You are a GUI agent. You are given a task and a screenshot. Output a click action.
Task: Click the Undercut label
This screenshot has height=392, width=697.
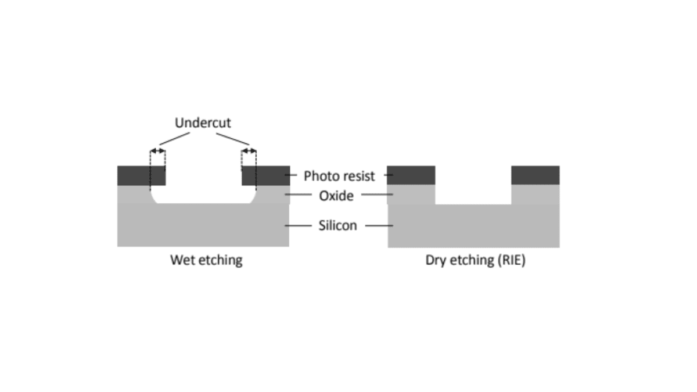203,123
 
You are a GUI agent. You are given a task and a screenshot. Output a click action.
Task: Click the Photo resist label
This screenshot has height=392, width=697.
339,175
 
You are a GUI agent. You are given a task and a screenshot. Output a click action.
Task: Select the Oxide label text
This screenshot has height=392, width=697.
336,196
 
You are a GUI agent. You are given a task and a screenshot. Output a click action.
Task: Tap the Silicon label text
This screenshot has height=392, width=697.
337,225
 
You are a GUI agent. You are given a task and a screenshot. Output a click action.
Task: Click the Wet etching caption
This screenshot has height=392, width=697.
206,260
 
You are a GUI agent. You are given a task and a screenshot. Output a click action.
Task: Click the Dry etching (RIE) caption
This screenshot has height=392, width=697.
475,260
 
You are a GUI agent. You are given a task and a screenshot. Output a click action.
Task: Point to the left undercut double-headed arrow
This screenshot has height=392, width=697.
157,151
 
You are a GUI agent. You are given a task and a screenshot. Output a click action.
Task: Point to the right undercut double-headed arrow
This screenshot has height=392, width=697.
249,151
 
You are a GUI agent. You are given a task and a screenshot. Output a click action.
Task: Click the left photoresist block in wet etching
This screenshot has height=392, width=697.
141,175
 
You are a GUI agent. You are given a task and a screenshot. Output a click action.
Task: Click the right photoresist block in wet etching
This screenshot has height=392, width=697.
265,175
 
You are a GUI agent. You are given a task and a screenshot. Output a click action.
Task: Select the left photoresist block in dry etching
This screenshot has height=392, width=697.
411,175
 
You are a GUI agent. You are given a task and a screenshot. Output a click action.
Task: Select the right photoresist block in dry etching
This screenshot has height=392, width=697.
535,175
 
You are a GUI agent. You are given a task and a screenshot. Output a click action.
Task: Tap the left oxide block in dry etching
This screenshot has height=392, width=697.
411,195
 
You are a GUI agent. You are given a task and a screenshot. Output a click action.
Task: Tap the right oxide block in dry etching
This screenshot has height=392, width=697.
535,195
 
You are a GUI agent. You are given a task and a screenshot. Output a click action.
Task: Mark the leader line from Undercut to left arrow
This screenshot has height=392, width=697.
174,139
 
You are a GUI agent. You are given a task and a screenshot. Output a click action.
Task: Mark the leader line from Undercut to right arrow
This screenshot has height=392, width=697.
233,139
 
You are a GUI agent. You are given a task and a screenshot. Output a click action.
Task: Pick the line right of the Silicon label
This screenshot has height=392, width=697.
379,225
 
